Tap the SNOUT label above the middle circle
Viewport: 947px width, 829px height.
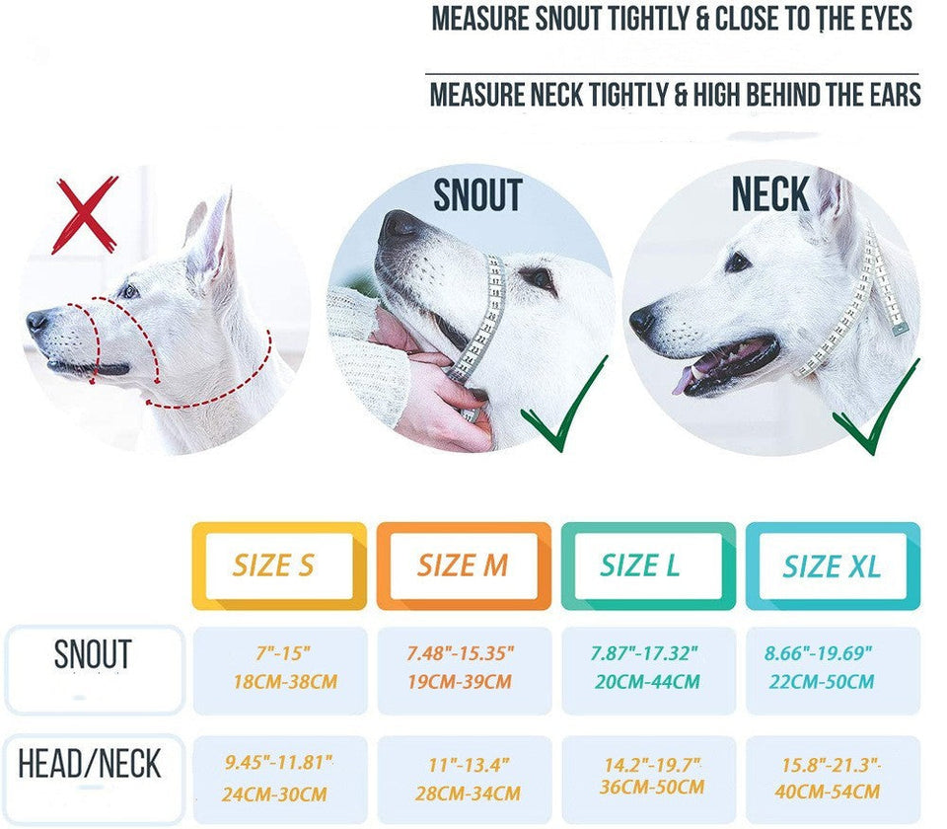(476, 196)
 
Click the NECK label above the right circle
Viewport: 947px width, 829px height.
(770, 194)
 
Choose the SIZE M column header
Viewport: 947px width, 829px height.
(464, 565)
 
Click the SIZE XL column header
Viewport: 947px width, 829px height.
(832, 565)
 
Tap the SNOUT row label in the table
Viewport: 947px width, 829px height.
(93, 655)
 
